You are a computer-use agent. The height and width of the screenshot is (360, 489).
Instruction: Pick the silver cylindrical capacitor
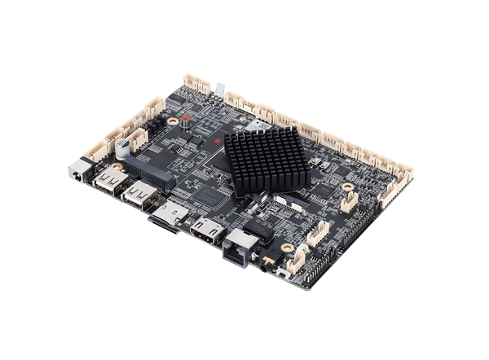click(123, 147)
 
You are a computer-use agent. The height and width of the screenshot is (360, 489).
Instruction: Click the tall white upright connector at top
click(219, 88)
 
